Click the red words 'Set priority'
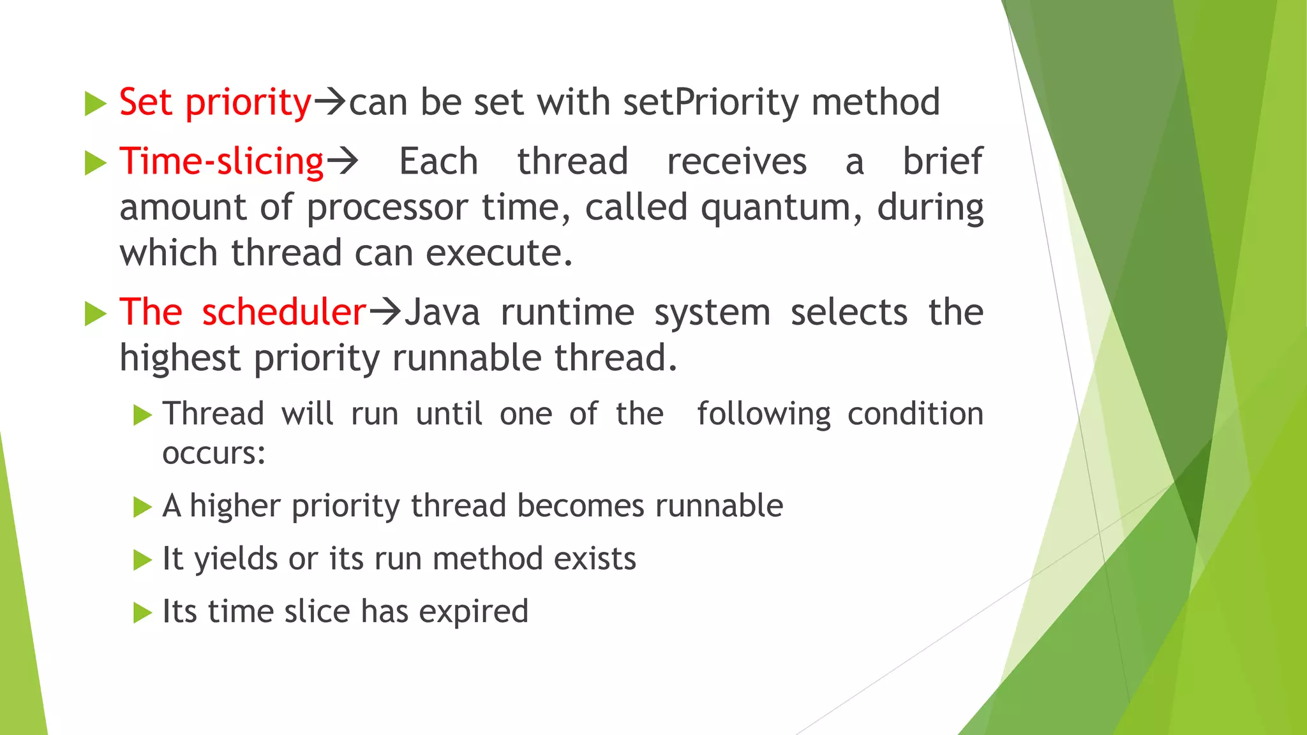tap(215, 103)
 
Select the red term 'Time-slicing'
tap(221, 161)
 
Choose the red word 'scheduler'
tap(284, 313)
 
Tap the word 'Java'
tap(442, 313)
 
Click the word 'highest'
tap(179, 358)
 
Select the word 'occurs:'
tap(214, 454)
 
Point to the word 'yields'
tap(235, 560)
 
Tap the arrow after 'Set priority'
tap(331, 102)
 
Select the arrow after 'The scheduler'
tap(385, 312)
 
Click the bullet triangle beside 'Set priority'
tap(95, 104)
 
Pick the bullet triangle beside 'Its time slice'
tap(142, 613)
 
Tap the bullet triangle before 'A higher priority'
tap(142, 507)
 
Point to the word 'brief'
tap(942, 161)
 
